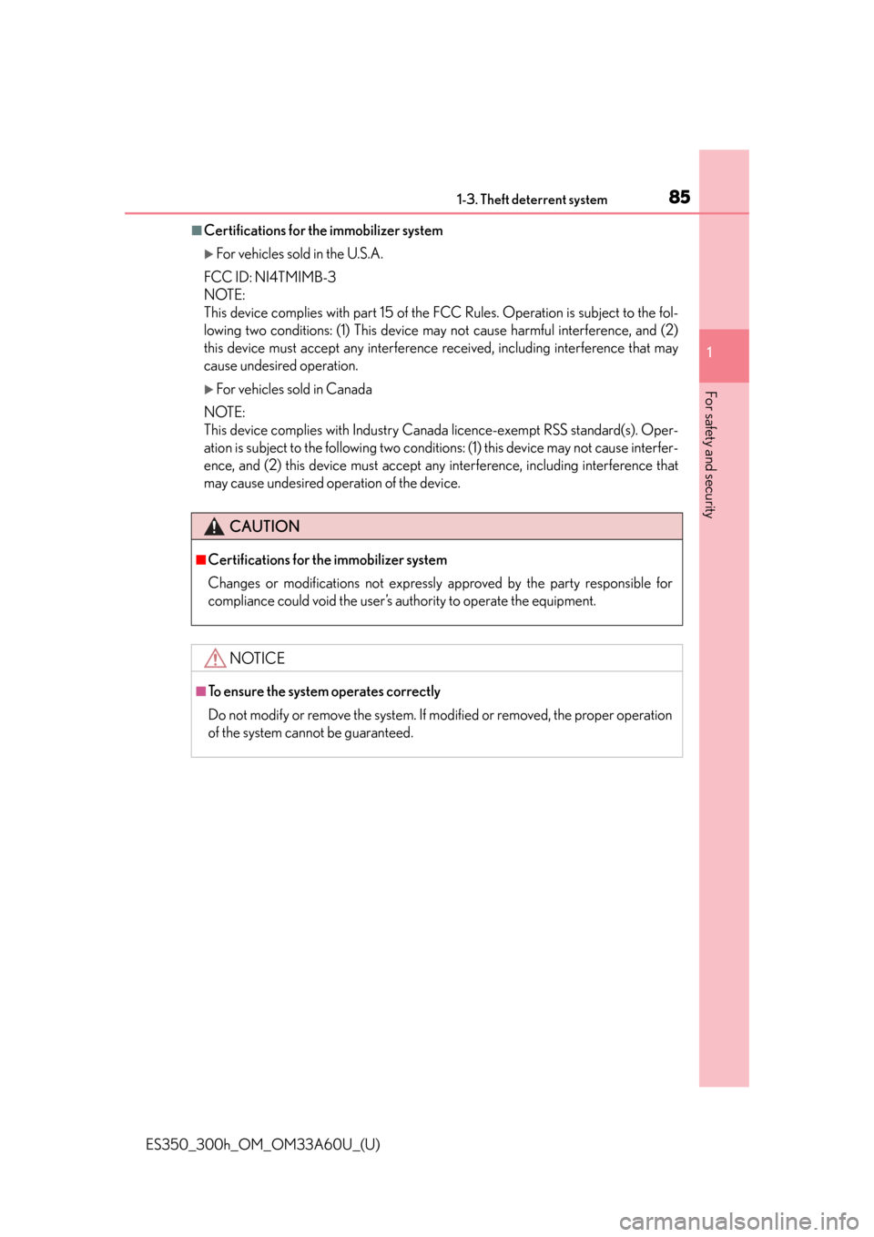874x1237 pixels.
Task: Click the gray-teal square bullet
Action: click(x=197, y=230)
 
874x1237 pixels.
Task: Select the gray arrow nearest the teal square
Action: click(x=208, y=255)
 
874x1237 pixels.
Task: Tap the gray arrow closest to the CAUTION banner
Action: click(x=208, y=390)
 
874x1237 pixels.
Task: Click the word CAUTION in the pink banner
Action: click(x=265, y=526)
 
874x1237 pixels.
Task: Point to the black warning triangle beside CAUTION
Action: click(x=214, y=526)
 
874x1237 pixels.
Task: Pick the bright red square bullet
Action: click(x=200, y=560)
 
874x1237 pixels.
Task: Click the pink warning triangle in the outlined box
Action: click(x=215, y=658)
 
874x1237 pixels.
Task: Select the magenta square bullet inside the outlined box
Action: click(x=200, y=691)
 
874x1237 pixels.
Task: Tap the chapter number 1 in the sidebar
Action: click(x=710, y=353)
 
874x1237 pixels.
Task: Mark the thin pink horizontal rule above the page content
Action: click(x=410, y=213)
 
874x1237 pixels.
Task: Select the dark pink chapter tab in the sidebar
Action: click(x=725, y=355)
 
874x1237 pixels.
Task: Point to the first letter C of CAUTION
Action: click(x=235, y=526)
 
